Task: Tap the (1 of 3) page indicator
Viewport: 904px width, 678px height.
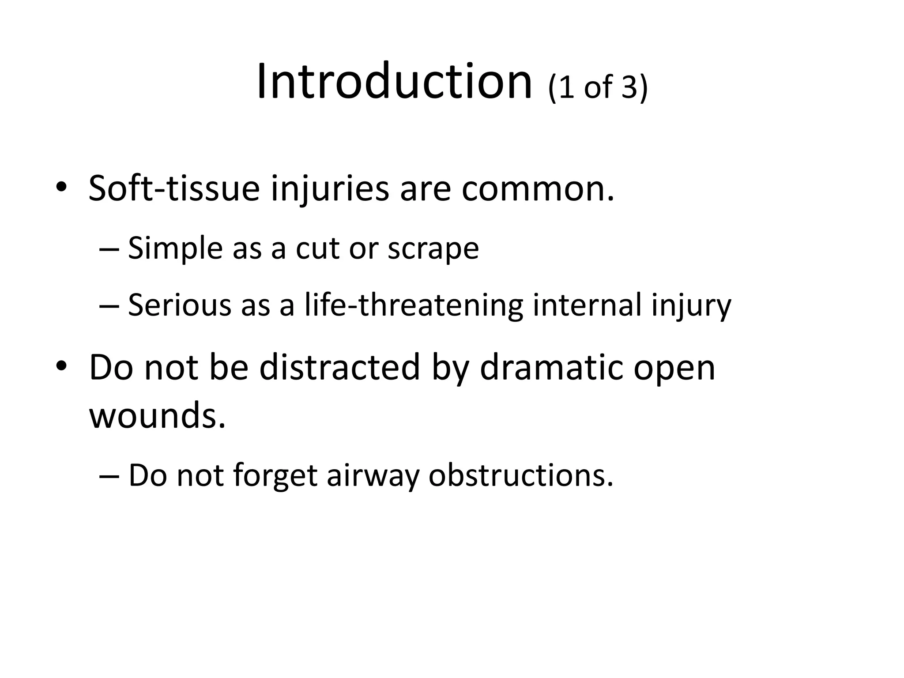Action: coord(598,87)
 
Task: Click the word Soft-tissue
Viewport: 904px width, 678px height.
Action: coord(174,189)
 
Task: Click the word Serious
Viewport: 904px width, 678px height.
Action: coord(179,305)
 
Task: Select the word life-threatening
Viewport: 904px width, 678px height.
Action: coord(414,305)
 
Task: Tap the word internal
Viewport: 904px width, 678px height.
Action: coord(587,305)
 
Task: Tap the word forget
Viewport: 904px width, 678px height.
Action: coord(275,476)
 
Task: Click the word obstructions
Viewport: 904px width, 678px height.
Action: coord(520,476)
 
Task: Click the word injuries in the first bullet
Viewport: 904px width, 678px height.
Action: coord(329,189)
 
